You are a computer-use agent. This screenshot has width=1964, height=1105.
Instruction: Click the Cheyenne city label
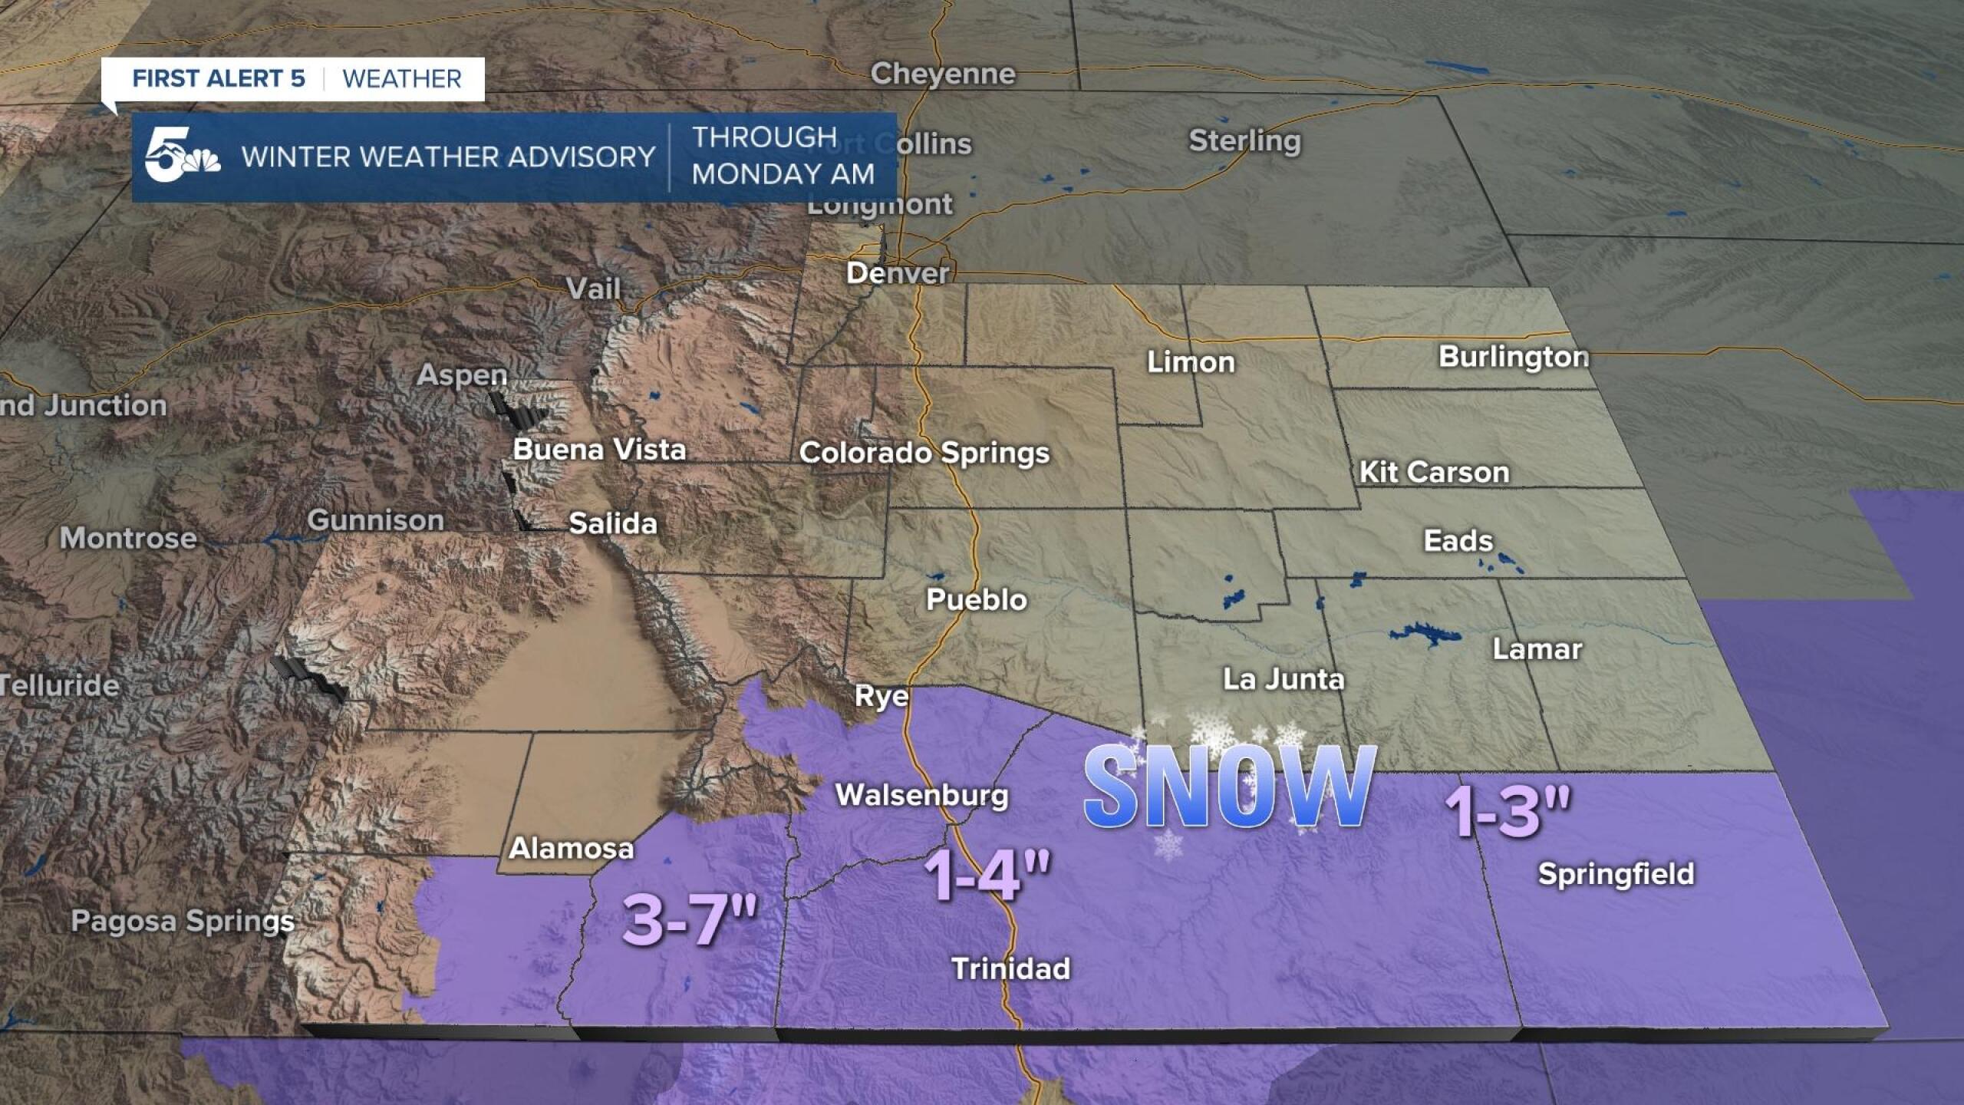pos(942,74)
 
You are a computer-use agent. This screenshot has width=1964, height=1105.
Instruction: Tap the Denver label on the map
pos(897,273)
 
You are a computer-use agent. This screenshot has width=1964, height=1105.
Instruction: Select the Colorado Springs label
pos(924,453)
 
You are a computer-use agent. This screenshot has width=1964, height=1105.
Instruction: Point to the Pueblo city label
pos(976,599)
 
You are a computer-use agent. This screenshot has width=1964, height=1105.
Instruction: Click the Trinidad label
pos(1010,968)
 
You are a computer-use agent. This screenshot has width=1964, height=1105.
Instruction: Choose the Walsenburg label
pos(921,795)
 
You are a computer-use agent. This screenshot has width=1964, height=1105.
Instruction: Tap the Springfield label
pos(1616,874)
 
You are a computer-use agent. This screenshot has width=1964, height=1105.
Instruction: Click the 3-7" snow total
pos(690,919)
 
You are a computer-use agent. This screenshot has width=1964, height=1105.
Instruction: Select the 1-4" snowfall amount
pos(987,876)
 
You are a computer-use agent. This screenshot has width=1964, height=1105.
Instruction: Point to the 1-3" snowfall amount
pos(1508,811)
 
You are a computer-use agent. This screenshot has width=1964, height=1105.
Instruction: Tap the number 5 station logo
pos(181,157)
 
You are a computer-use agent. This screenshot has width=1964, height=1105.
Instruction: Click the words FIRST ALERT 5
pos(219,78)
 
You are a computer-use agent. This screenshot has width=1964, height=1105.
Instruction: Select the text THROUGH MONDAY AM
pos(783,156)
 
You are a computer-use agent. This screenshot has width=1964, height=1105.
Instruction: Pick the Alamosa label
pos(572,849)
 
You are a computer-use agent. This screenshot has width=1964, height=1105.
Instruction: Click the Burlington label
pos(1513,357)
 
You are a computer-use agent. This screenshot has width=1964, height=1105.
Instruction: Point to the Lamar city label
pos(1537,650)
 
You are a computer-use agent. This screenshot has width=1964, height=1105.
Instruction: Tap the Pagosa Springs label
pos(183,921)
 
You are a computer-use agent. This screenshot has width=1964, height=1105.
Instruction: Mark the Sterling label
pos(1244,141)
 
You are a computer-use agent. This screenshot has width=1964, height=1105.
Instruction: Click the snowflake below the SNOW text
pos(1167,845)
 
